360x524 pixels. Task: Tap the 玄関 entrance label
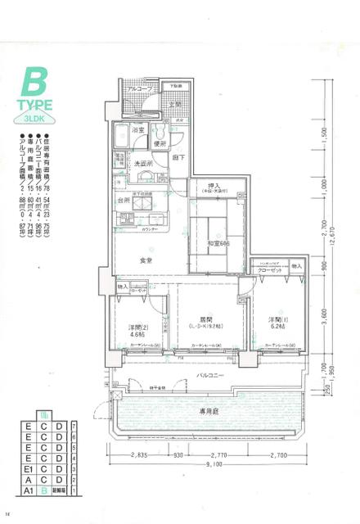[x=175, y=105]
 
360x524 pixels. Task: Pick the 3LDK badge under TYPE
[x=35, y=117]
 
